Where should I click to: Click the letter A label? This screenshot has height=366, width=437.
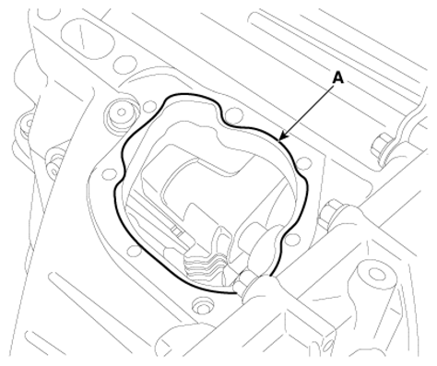tap(338, 78)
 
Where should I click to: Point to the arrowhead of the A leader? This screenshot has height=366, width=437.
tap(283, 136)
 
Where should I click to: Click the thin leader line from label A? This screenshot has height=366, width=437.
tap(307, 112)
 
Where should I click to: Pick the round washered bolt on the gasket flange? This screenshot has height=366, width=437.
tap(122, 112)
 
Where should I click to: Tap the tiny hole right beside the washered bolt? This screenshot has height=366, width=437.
tap(148, 107)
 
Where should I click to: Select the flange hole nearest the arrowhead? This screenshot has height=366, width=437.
tap(304, 162)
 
